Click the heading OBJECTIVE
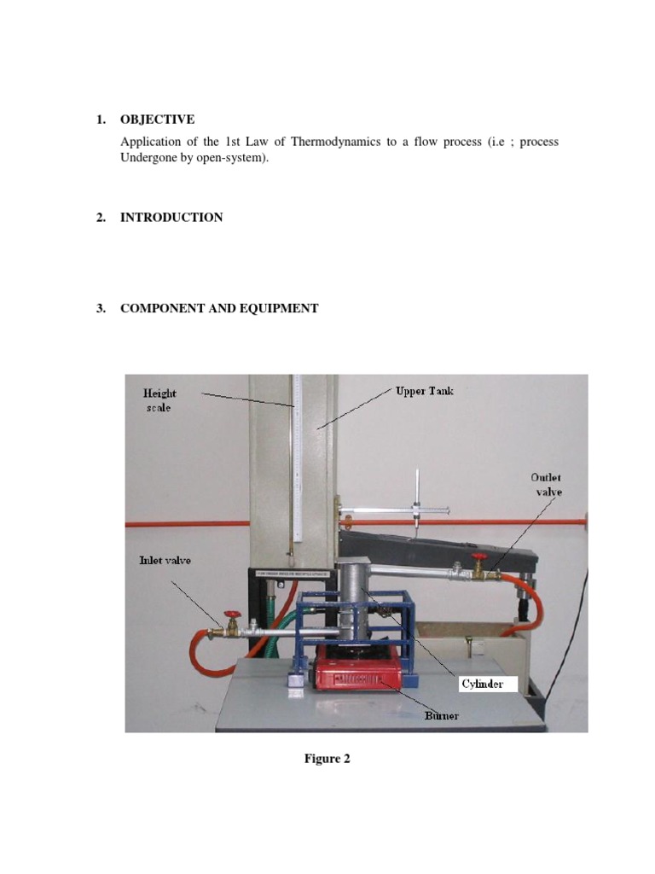[x=157, y=119]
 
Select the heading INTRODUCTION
[x=171, y=218]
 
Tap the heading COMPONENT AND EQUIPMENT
[x=219, y=308]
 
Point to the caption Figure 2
[x=327, y=759]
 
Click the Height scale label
[x=159, y=400]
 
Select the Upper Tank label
[x=424, y=391]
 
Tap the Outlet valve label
[x=546, y=485]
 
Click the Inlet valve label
[x=165, y=561]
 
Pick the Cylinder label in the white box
[x=482, y=684]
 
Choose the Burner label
[x=442, y=715]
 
